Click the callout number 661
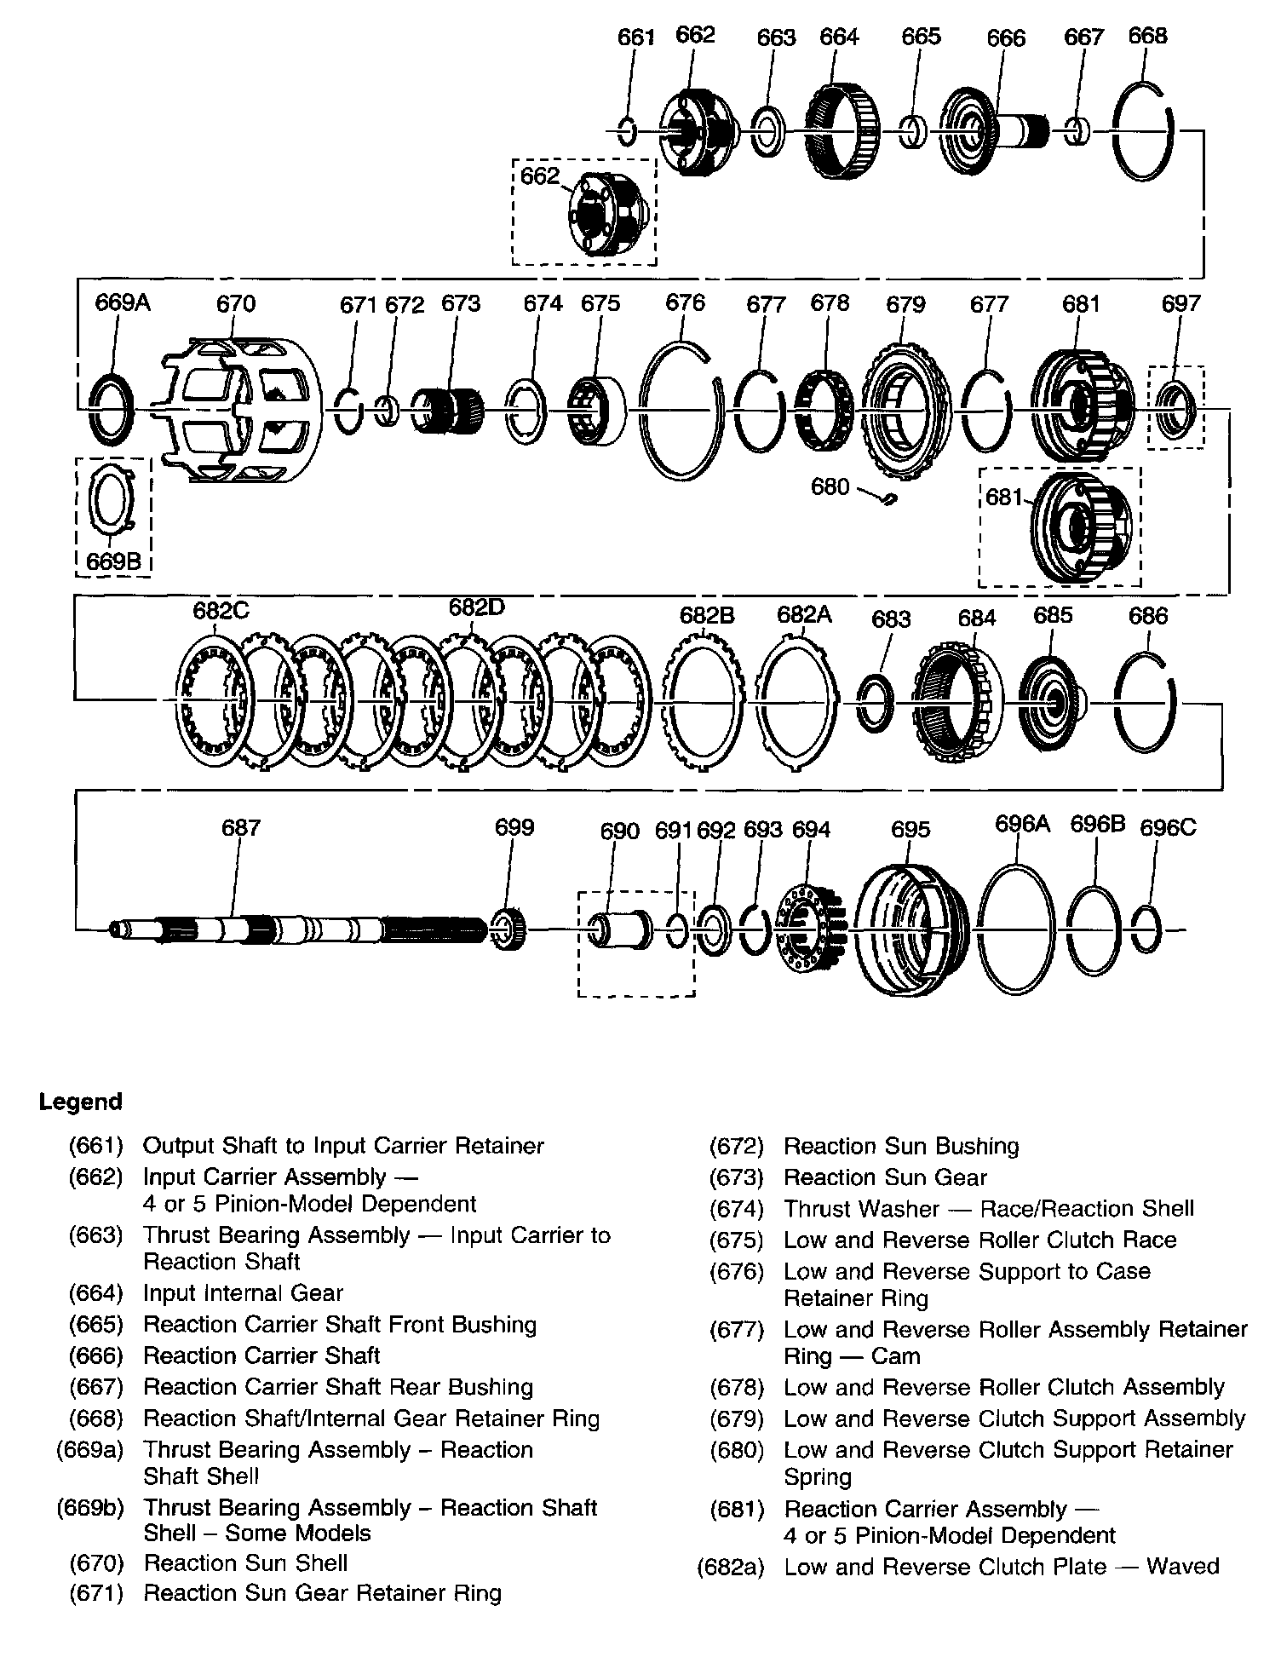click(x=635, y=37)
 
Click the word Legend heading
click(x=81, y=1102)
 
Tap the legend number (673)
click(x=736, y=1177)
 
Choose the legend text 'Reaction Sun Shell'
click(x=245, y=1562)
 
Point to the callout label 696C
click(x=1167, y=827)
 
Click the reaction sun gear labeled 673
click(x=447, y=410)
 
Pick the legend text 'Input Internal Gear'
click(x=243, y=1293)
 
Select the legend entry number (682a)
click(x=730, y=1566)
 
